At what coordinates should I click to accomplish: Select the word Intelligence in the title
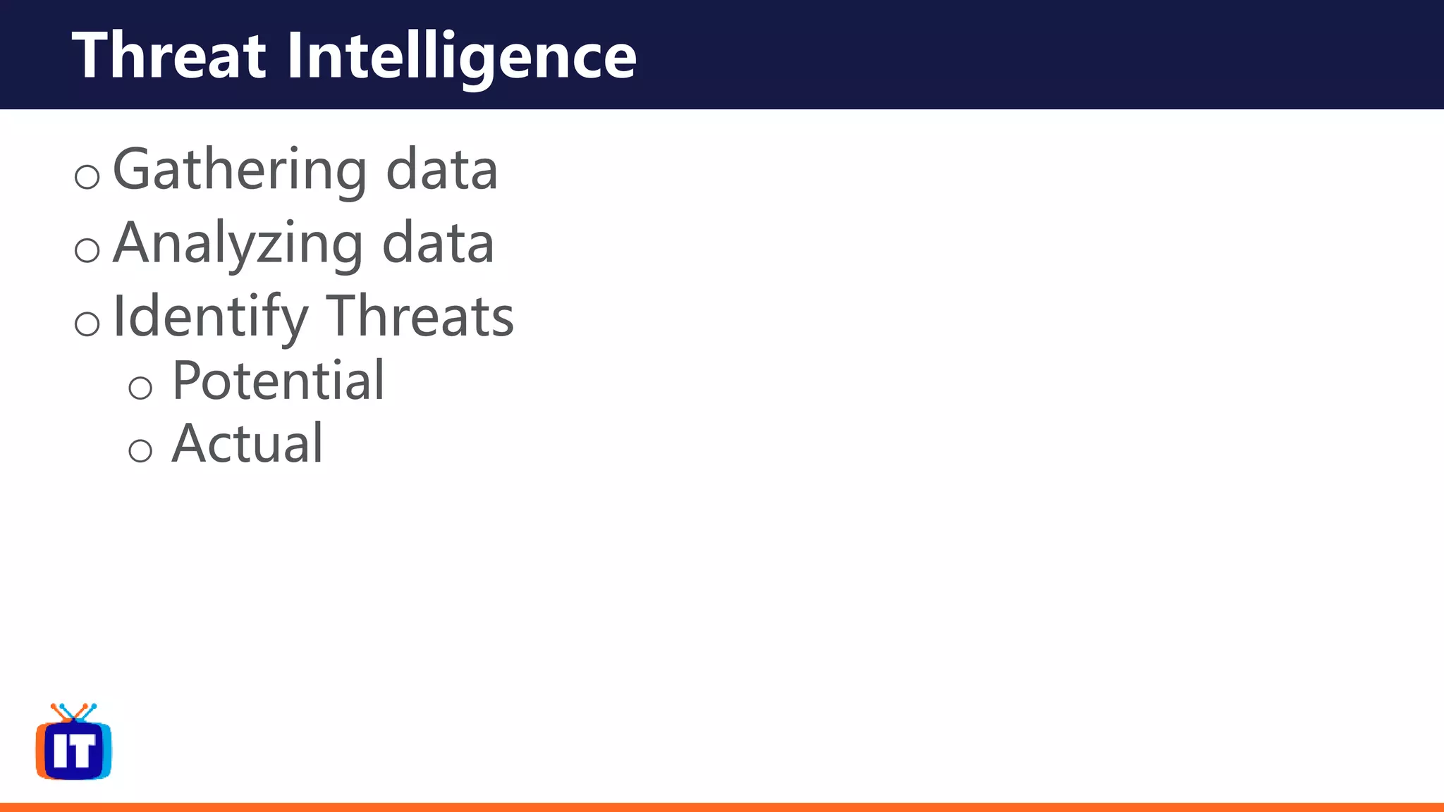point(462,56)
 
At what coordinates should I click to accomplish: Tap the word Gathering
point(240,171)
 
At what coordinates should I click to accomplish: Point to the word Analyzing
point(238,244)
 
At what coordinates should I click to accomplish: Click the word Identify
point(210,317)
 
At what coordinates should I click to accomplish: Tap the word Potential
point(279,381)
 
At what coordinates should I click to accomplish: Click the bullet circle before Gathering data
point(87,176)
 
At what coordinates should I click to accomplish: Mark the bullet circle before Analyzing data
point(87,250)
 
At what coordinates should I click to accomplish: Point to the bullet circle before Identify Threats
point(87,324)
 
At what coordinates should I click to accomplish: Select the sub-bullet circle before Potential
point(140,388)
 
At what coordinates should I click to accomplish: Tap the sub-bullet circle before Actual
point(140,450)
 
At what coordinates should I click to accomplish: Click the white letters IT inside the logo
point(74,751)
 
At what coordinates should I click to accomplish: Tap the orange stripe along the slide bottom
point(722,807)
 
